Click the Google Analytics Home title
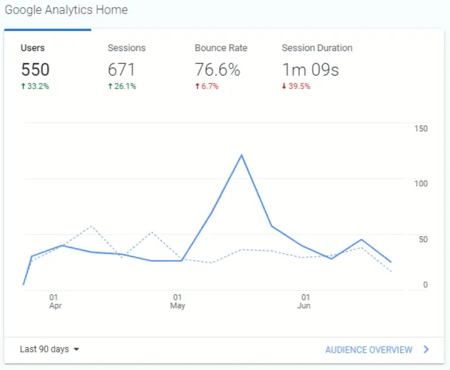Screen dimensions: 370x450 (x=66, y=10)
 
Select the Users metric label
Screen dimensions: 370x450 (x=32, y=48)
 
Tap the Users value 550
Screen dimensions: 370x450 (x=35, y=70)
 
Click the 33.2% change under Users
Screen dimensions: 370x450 (x=35, y=86)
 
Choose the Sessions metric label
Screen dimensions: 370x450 (x=126, y=48)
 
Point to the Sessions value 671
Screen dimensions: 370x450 (x=121, y=70)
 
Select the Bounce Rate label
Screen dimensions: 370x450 (x=221, y=48)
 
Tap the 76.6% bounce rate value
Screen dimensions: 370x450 (x=217, y=70)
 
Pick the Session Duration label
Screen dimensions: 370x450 (x=317, y=48)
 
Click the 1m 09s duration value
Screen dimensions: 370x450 (x=310, y=70)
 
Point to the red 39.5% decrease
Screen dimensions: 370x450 (x=296, y=86)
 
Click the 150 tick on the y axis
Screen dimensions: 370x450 (x=421, y=128)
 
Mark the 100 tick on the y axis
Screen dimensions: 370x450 (x=421, y=184)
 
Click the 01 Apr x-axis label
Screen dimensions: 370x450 (x=55, y=301)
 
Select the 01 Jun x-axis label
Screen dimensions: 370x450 (x=304, y=301)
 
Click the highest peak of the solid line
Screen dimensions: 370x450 (x=241, y=155)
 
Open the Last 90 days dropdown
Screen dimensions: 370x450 (x=49, y=349)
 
